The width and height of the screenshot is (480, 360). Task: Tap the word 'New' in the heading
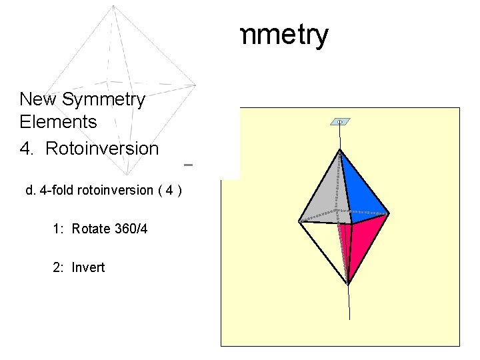[37, 99]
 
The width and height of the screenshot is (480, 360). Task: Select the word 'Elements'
[58, 122]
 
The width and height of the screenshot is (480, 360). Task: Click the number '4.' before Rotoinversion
[27, 148]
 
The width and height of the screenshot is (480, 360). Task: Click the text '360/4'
[131, 229]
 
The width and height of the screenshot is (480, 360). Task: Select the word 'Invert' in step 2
[89, 267]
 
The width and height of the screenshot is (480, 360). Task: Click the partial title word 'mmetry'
[282, 36]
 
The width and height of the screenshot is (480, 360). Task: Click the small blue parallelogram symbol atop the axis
[340, 122]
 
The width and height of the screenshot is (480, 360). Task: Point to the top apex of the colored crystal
[341, 150]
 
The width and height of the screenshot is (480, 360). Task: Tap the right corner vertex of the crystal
[388, 213]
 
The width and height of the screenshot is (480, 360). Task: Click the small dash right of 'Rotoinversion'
[188, 164]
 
